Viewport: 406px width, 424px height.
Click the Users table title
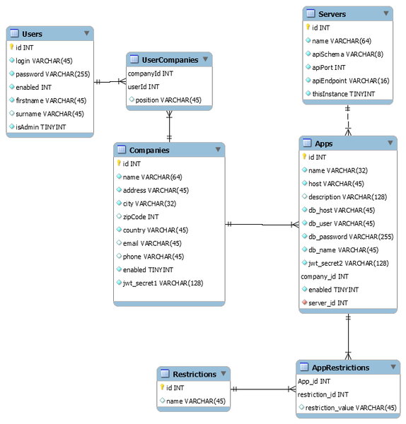pos(33,34)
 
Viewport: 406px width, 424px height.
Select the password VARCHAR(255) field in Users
pos(53,74)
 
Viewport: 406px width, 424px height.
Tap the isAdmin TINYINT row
pos(40,126)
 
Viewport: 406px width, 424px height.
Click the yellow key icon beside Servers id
pos(308,27)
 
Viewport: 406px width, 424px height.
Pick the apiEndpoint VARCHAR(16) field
pos(351,81)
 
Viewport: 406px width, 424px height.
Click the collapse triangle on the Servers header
pos(386,13)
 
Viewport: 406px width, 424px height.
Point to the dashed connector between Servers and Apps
pos(348,120)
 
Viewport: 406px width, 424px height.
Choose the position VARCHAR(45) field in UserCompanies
pos(168,100)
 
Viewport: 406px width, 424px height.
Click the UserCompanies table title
pos(170,60)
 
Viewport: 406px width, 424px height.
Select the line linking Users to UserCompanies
pos(110,82)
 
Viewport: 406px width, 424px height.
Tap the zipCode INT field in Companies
pos(141,217)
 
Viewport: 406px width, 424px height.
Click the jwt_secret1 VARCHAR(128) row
pos(163,283)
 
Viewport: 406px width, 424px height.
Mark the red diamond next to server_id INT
pos(304,302)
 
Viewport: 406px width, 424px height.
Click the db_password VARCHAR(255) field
pos(351,237)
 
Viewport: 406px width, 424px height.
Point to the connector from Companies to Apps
pos(262,225)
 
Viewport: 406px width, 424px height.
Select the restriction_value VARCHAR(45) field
pos(351,408)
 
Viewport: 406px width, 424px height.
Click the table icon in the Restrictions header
pos(165,373)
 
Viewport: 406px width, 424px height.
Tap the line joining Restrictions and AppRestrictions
pos(263,389)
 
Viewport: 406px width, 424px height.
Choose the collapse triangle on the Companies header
pos(218,149)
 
